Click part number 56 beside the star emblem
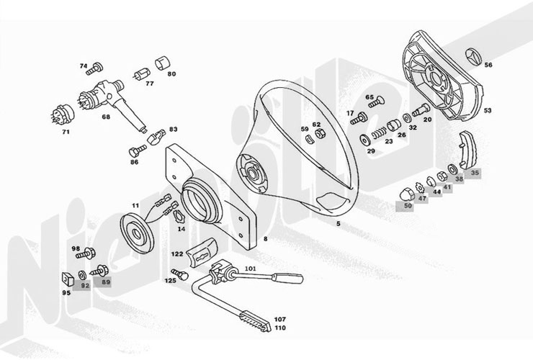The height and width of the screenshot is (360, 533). (x=488, y=66)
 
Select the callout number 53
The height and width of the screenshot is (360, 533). (x=488, y=111)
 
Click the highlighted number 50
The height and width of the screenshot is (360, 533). (x=408, y=206)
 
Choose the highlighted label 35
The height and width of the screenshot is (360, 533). (x=475, y=173)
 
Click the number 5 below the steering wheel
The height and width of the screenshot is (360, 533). (x=337, y=225)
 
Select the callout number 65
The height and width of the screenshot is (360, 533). (x=369, y=97)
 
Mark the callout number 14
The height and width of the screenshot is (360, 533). (x=181, y=228)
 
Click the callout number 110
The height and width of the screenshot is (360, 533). (x=280, y=328)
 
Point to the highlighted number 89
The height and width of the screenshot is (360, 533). (x=106, y=284)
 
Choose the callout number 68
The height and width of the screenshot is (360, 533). (x=105, y=116)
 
